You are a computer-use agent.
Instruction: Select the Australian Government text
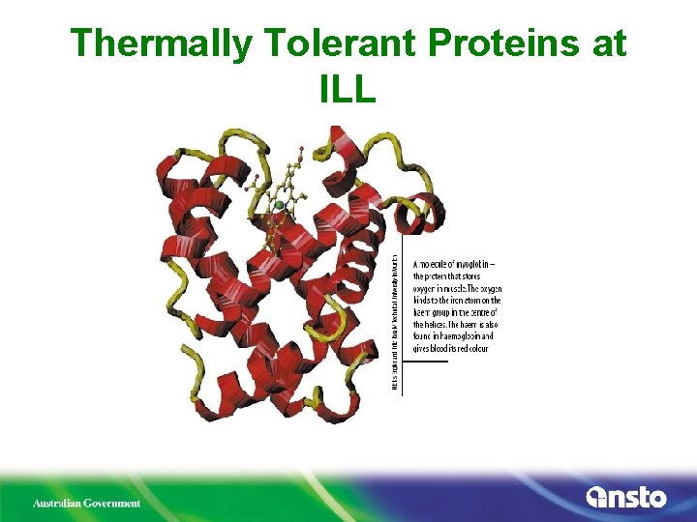[x=87, y=503]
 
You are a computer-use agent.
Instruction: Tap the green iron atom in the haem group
[x=279, y=205]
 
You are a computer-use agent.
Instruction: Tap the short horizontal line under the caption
[x=430, y=362]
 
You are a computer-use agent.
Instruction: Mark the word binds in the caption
[x=424, y=300]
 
